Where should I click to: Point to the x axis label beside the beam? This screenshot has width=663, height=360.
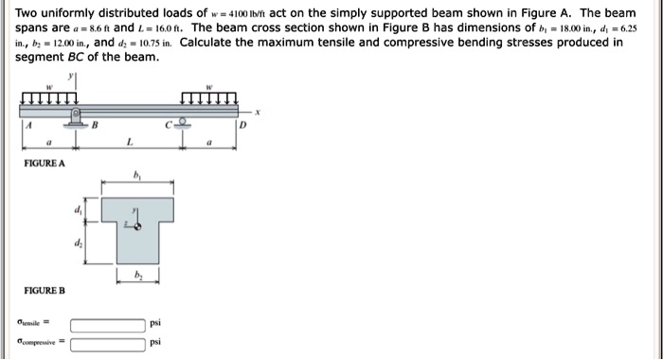(x=256, y=111)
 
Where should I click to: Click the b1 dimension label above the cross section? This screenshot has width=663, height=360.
(x=137, y=176)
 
